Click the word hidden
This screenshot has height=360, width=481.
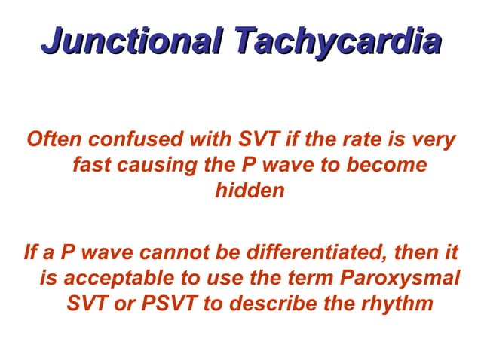250,191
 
